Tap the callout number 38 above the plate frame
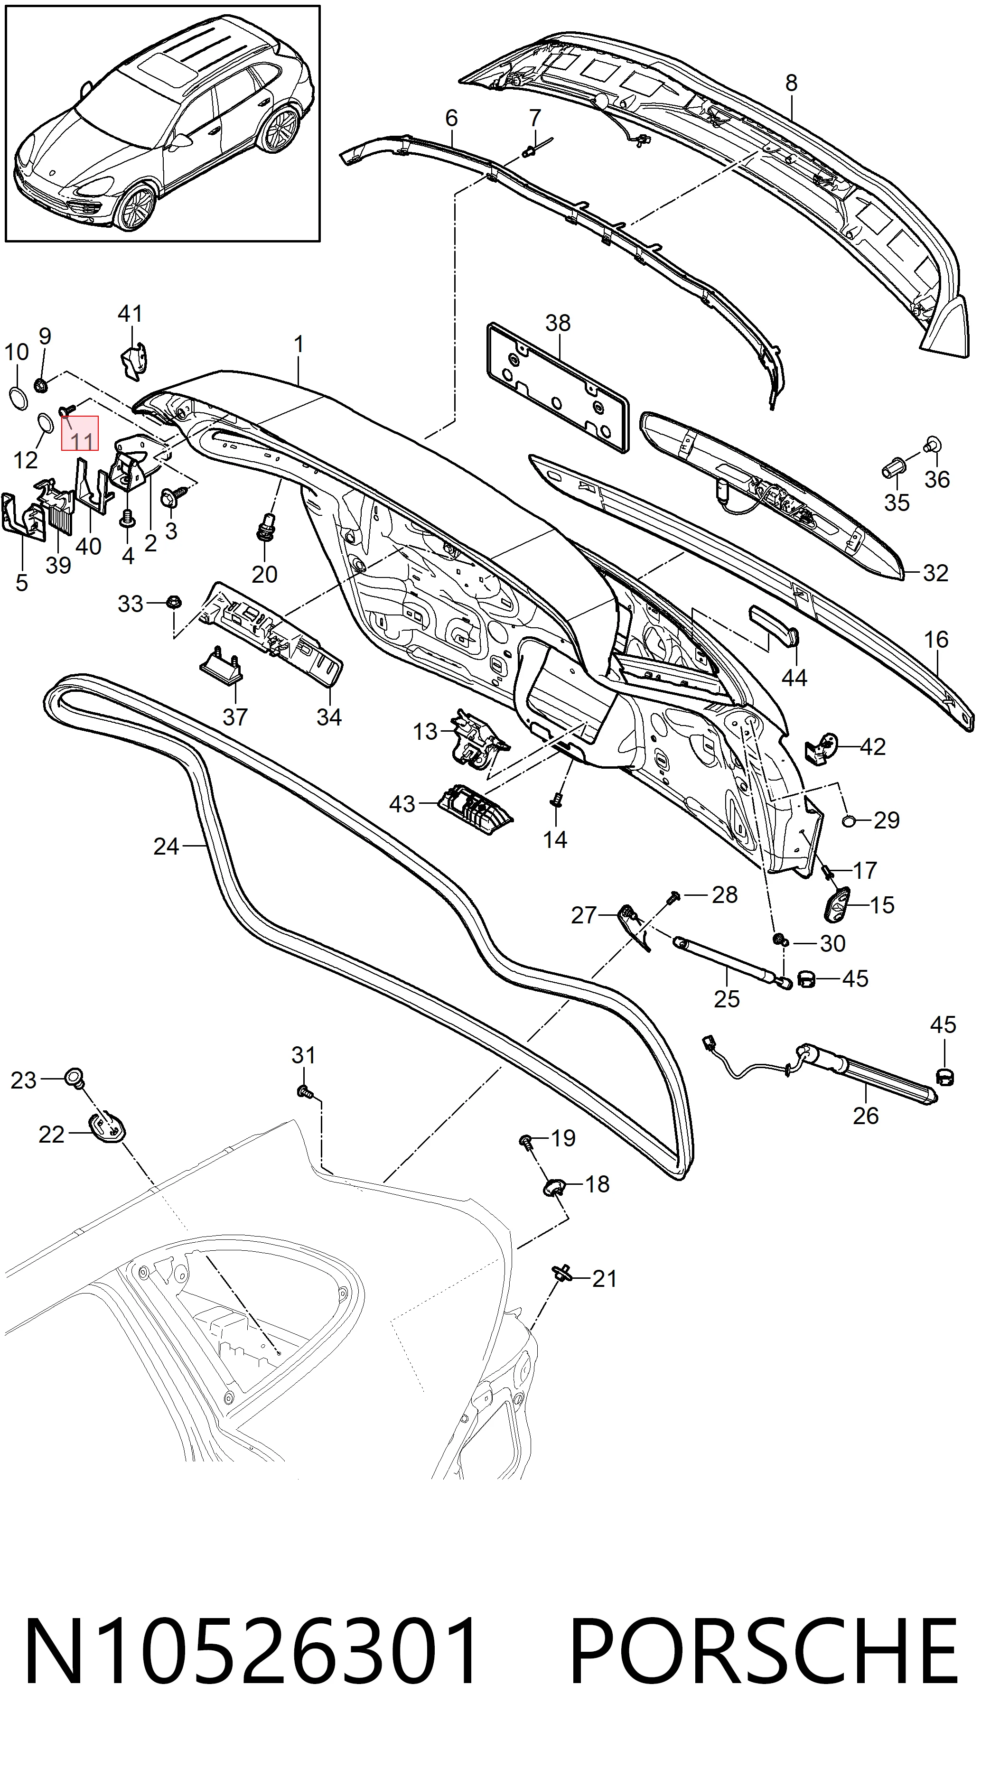[x=558, y=323]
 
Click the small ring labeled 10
[x=18, y=399]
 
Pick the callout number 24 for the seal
[x=166, y=847]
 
